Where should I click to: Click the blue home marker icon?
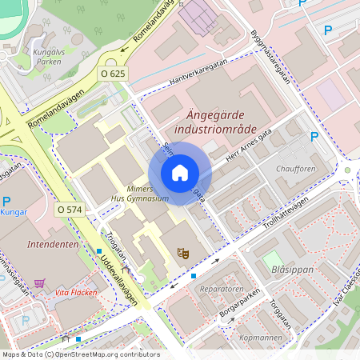coord(180,173)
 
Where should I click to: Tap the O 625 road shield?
coord(114,73)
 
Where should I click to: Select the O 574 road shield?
coord(70,209)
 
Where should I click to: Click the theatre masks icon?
coord(183,253)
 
